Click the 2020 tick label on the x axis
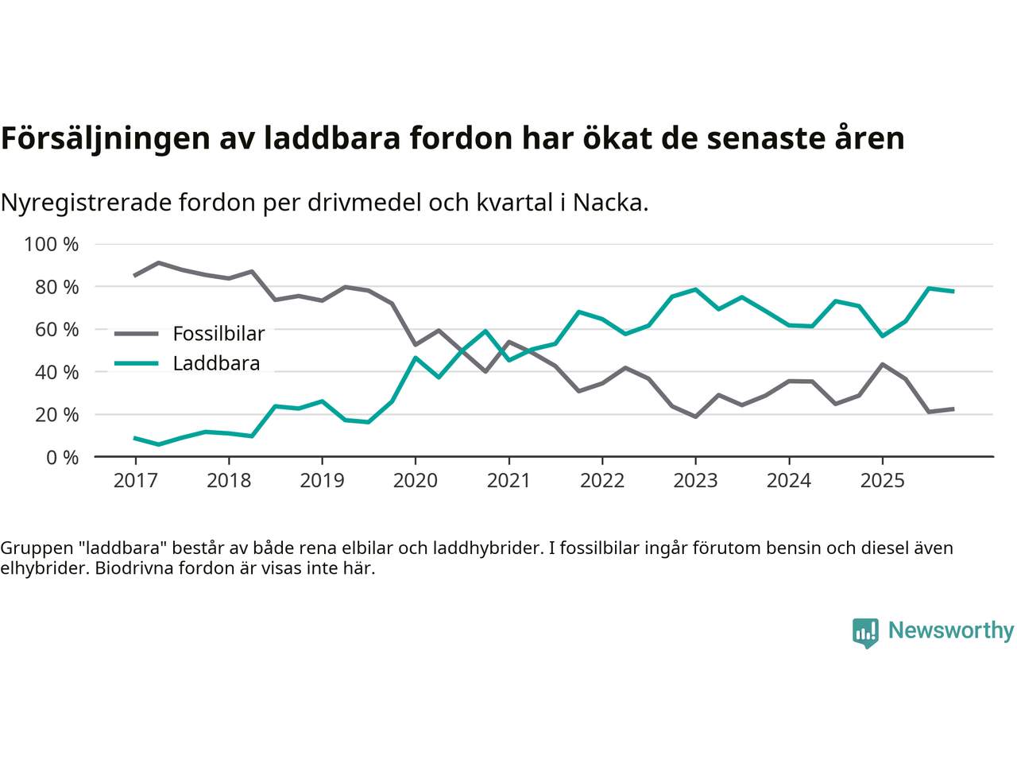click(416, 481)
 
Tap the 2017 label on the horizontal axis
click(135, 481)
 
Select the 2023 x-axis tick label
click(695, 481)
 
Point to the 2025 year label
click(882, 481)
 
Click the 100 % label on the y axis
click(52, 244)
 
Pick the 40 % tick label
click(57, 372)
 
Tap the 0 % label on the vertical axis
click(62, 457)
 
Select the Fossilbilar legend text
click(218, 334)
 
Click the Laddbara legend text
click(216, 364)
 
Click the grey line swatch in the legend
click(137, 334)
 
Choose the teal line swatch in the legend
click(137, 364)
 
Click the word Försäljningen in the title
click(95, 139)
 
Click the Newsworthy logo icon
click(865, 633)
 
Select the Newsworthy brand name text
click(950, 631)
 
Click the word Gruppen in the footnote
click(32, 548)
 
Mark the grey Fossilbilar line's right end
click(953, 409)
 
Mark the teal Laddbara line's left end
click(135, 438)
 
